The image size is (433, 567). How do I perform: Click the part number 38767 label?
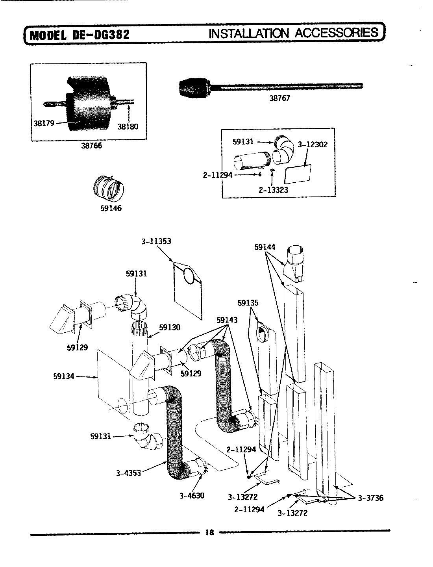pos(279,98)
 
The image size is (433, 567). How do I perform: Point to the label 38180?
pos(128,127)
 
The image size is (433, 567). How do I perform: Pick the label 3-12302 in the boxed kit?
pos(313,145)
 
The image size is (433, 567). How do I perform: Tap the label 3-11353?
pos(156,241)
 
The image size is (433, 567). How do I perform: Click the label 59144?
pos(265,247)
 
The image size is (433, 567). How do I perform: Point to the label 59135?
pos(248,303)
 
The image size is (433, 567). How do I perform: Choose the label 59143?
pos(227,320)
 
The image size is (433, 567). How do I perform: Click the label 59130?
pos(170,327)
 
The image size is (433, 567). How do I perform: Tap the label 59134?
pos(63,376)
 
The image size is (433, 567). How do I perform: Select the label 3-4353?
pos(128,472)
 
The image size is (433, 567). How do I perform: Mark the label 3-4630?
pos(192,496)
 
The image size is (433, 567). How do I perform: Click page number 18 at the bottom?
pos(209,533)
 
